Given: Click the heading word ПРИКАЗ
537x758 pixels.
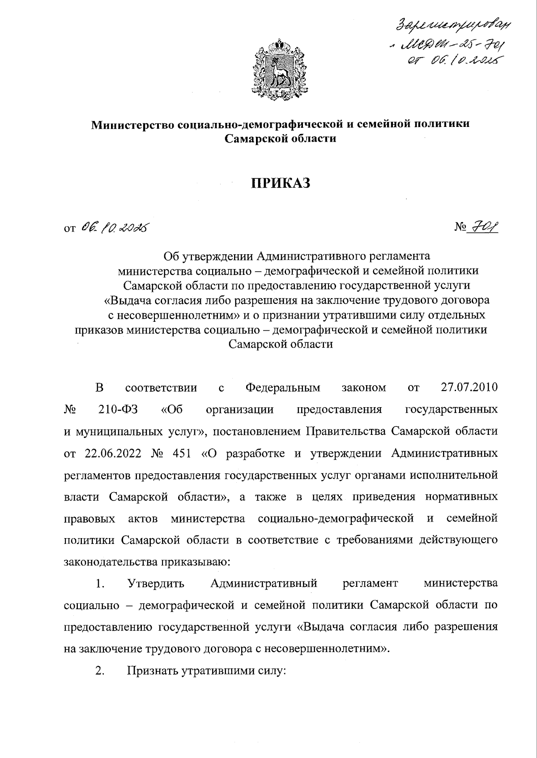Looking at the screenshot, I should click(x=280, y=183).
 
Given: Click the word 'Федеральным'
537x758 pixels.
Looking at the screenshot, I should click(x=283, y=387).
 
